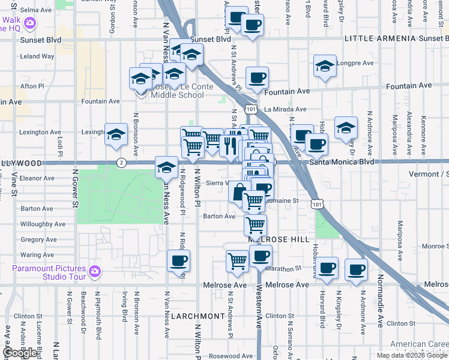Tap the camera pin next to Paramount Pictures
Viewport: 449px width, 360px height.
pos(94,272)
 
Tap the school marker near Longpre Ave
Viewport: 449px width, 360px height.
pos(324,66)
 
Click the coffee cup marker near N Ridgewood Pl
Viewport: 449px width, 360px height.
pos(178,261)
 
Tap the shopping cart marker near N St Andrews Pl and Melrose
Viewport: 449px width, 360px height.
pos(238,261)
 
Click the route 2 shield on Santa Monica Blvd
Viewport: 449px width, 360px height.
pos(121,163)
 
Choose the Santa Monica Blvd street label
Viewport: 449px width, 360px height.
pos(342,162)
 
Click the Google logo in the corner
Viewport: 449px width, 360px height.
pos(21,353)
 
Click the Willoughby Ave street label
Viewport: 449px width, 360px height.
pos(43,224)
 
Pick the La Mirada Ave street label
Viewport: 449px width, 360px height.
pos(285,110)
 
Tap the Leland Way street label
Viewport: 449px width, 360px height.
pos(37,56)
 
